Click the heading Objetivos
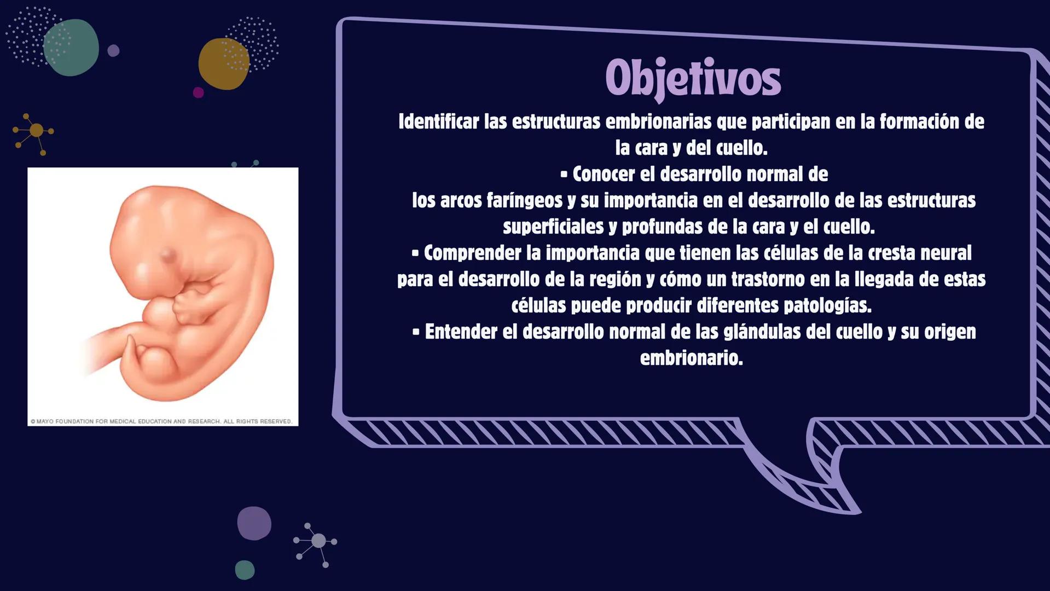coord(693,79)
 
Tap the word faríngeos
coord(524,200)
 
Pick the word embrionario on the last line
coord(691,358)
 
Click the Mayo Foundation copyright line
coord(161,421)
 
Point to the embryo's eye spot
coord(167,254)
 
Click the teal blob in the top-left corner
coord(72,48)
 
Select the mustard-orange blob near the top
coord(223,64)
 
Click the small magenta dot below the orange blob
coord(199,92)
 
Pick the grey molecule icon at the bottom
coord(318,541)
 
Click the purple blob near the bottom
coord(254,523)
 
